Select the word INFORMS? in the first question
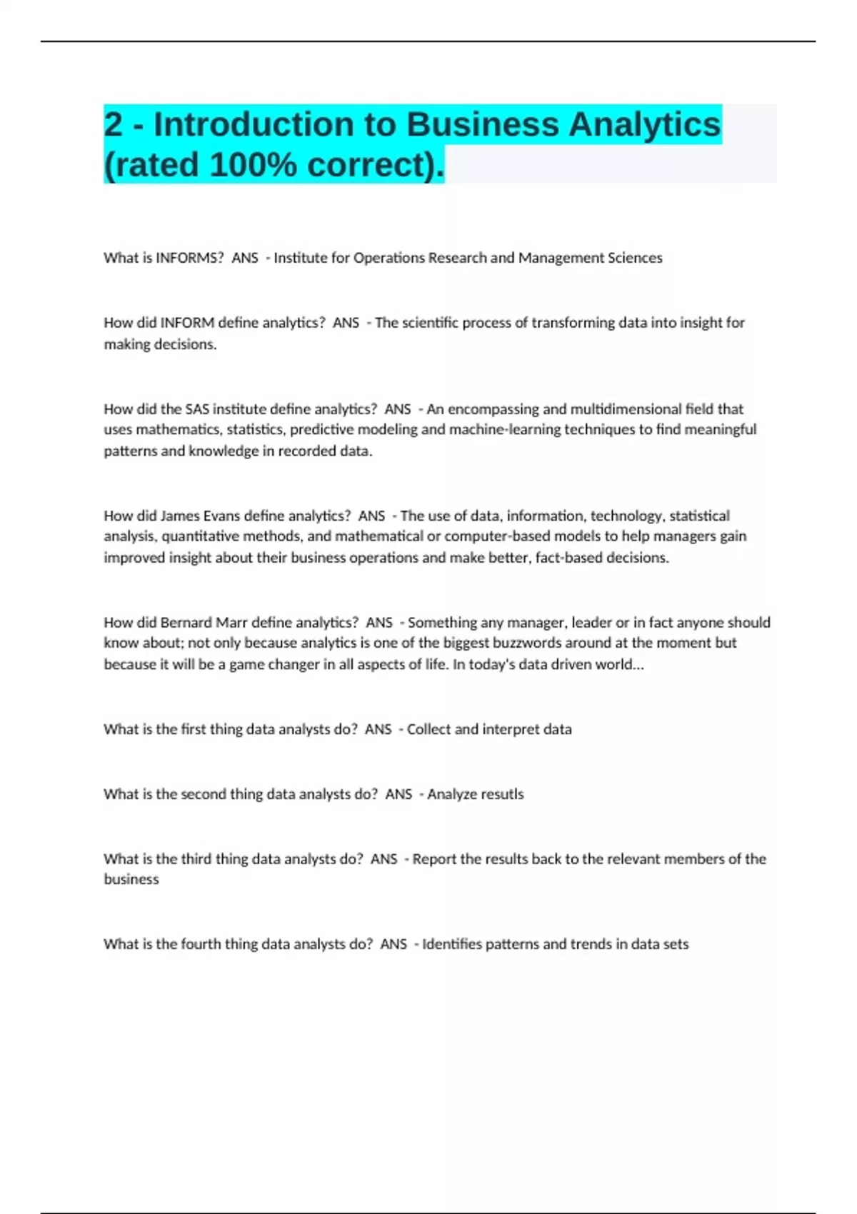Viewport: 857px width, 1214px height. point(189,258)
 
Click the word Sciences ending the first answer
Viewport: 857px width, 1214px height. point(636,258)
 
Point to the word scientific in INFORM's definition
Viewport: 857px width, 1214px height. point(431,323)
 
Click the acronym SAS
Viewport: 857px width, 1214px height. point(197,409)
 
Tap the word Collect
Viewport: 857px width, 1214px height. point(428,729)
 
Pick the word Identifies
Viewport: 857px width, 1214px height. point(452,944)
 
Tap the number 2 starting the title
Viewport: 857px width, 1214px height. point(113,124)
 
